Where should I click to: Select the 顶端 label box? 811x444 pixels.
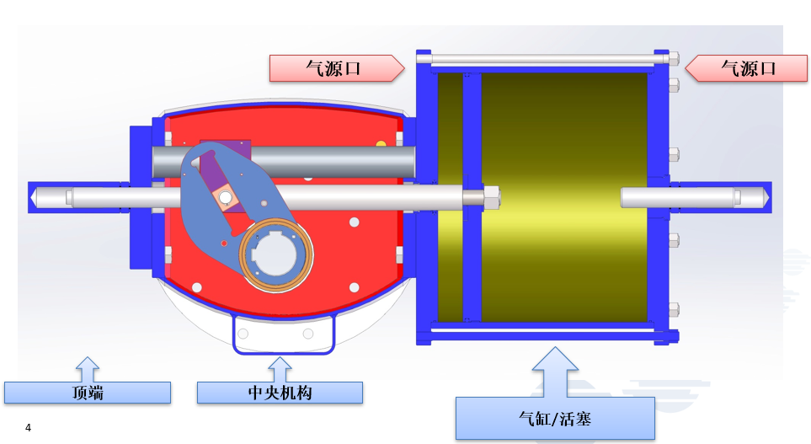(88, 393)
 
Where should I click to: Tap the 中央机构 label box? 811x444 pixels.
(280, 393)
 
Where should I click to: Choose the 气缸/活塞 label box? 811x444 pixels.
(555, 418)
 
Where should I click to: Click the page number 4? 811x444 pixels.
(28, 428)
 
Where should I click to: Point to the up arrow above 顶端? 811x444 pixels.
(88, 368)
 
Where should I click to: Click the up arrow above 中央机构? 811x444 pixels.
(280, 368)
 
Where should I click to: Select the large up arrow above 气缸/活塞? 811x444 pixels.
(555, 371)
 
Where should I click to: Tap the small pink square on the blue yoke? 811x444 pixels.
(226, 198)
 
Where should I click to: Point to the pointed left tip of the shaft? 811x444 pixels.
(34, 197)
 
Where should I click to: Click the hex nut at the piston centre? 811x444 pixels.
(491, 198)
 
